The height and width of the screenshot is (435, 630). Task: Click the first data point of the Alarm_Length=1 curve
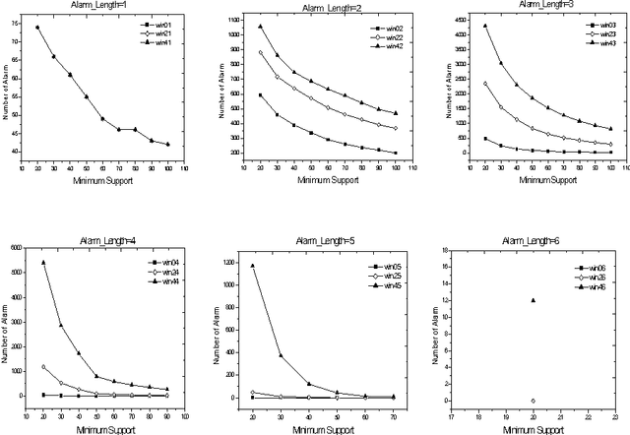click(37, 28)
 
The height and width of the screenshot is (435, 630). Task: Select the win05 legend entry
click(384, 267)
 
